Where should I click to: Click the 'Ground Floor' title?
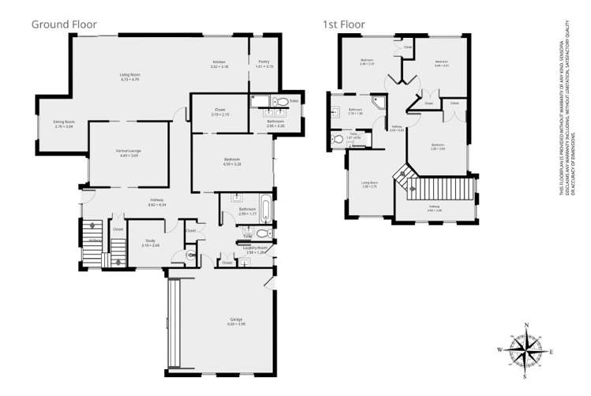[x=64, y=24]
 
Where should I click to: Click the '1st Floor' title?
[x=343, y=24]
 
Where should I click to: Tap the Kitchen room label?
[x=219, y=63]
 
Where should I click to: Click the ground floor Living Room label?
[x=129, y=77]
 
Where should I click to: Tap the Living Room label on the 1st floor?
[x=369, y=185]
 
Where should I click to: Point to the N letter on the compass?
[x=527, y=325]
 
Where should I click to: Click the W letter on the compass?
[x=499, y=350]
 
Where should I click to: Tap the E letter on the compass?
[x=552, y=352]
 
